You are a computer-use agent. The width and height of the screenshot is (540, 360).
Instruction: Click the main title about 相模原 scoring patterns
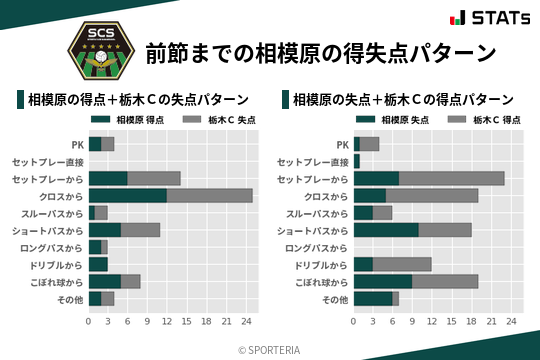(320, 52)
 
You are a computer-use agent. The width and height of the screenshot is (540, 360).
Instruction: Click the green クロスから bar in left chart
(127, 195)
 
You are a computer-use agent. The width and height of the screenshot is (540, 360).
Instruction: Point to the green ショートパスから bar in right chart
(386, 230)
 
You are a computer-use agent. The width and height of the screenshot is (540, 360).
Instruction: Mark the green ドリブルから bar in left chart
(98, 264)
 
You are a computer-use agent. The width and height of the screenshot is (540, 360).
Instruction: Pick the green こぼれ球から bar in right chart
(383, 281)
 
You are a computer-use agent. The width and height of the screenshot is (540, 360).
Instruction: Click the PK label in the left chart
(77, 144)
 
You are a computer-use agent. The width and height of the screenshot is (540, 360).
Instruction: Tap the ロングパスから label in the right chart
(317, 247)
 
